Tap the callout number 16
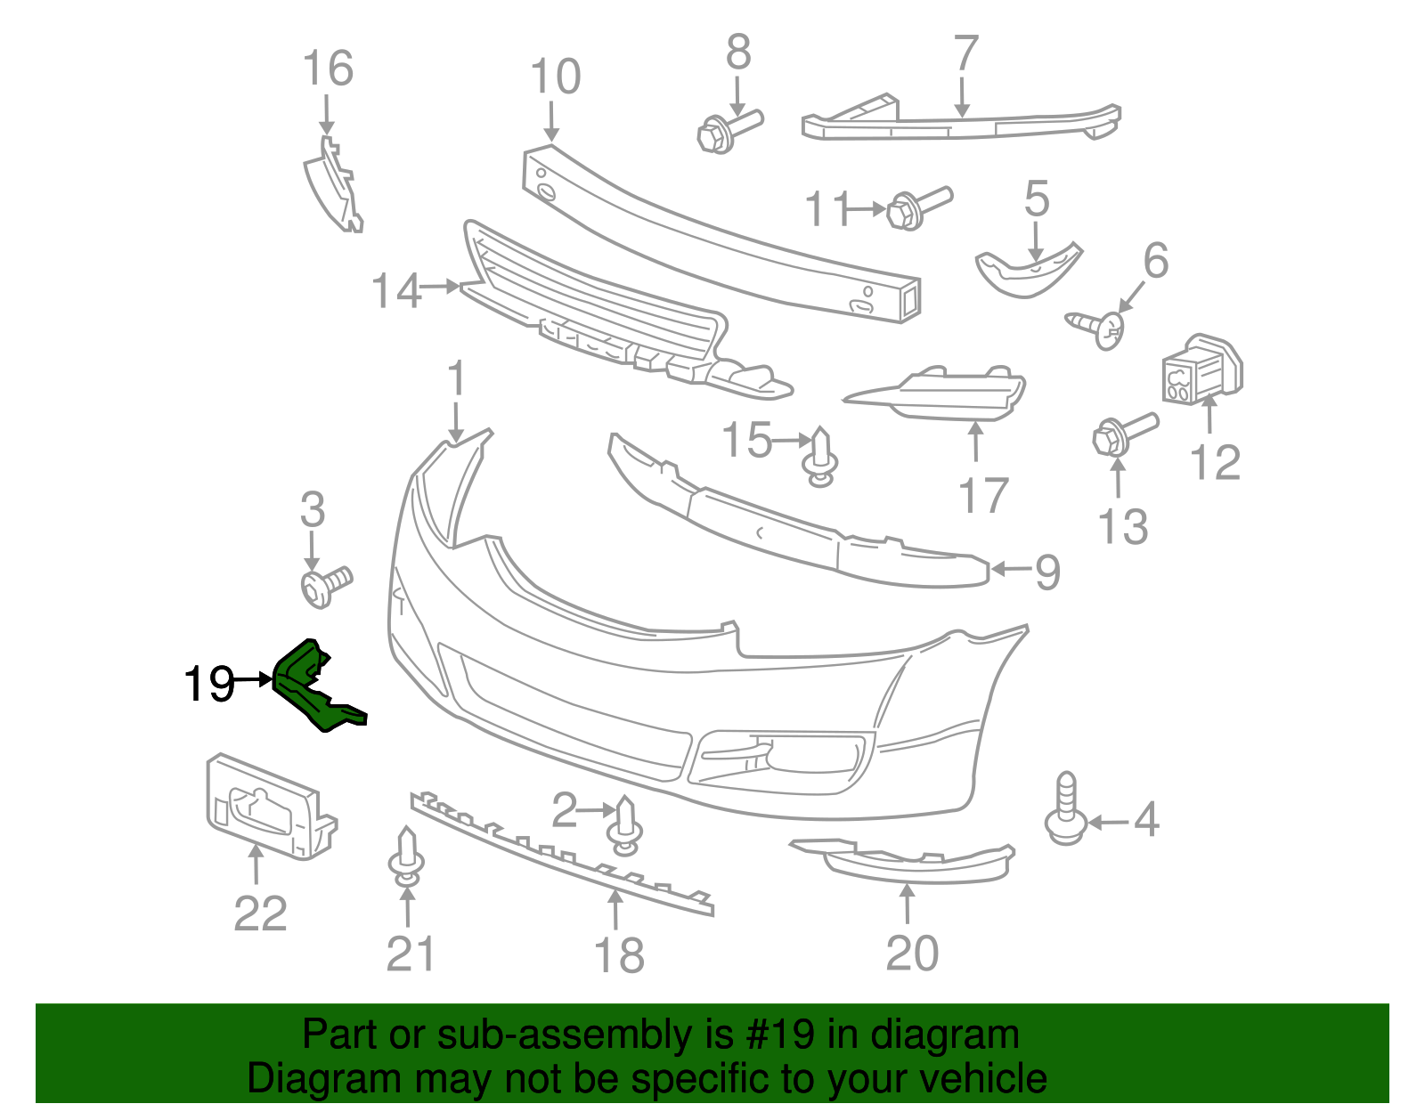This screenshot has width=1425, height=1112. coord(327,69)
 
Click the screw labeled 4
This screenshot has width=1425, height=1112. coord(1065,809)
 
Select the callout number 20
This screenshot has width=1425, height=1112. coord(912,954)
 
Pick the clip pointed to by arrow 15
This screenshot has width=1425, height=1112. coord(821,456)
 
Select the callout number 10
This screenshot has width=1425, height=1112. coord(555,77)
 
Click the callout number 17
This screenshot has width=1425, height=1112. coord(983,496)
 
